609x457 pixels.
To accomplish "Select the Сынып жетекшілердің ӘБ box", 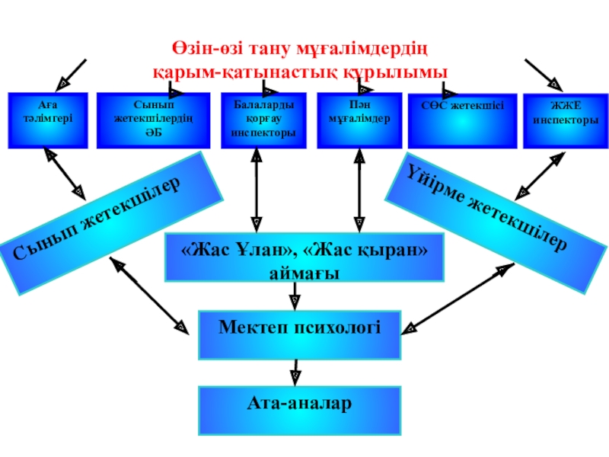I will (155, 120).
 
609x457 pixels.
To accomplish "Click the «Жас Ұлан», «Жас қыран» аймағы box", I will (304, 259).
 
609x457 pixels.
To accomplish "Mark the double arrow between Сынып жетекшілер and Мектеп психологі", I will (150, 296).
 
